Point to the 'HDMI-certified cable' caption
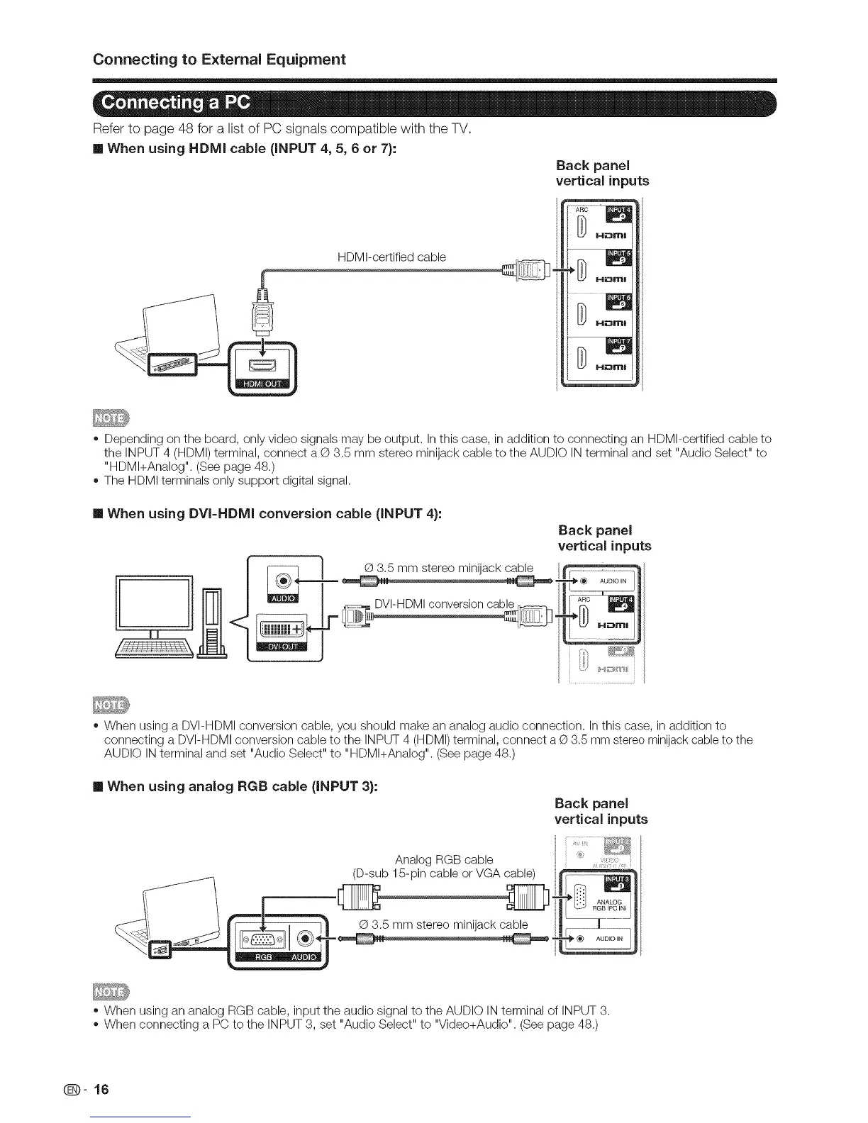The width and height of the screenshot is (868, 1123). (392, 257)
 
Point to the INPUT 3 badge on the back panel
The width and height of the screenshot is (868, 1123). (618, 883)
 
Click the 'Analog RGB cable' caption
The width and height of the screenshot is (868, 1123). (444, 860)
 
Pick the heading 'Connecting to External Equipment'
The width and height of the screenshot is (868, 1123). (219, 59)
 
